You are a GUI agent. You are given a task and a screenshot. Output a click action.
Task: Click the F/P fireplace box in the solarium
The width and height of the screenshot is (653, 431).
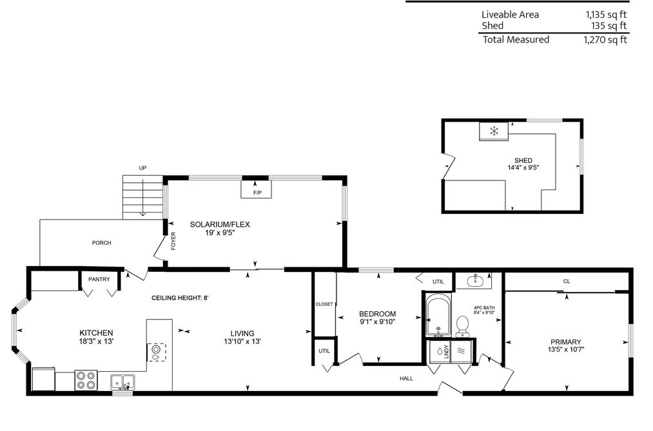(x=256, y=189)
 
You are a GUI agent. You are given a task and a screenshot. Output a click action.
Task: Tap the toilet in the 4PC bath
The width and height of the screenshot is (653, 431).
(x=462, y=327)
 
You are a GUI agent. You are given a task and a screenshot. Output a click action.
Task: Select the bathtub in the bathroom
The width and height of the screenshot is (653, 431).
(x=438, y=315)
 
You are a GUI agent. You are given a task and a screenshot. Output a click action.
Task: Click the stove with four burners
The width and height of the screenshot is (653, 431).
(x=86, y=380)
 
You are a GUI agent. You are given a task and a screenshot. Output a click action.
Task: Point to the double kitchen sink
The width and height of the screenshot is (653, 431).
(x=122, y=382)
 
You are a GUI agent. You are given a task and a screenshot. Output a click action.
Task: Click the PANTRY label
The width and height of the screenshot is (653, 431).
(x=99, y=279)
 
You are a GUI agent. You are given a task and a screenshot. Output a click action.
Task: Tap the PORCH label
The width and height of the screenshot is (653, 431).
(x=102, y=242)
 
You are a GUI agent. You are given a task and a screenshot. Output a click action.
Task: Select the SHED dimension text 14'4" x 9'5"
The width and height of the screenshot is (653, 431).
(x=523, y=168)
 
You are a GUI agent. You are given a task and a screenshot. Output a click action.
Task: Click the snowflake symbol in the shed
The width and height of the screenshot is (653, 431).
(x=494, y=131)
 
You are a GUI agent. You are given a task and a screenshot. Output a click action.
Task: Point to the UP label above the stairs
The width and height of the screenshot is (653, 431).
(x=142, y=168)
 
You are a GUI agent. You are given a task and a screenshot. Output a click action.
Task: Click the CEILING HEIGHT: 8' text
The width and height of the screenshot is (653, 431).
(x=179, y=298)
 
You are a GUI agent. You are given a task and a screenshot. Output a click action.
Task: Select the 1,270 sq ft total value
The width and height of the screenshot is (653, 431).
(x=605, y=39)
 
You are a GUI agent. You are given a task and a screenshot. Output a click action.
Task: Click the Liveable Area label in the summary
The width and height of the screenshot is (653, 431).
(x=510, y=15)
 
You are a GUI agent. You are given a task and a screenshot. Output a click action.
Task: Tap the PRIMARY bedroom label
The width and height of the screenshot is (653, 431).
(x=565, y=342)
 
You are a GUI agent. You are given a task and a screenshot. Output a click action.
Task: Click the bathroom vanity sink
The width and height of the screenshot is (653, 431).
(x=474, y=282)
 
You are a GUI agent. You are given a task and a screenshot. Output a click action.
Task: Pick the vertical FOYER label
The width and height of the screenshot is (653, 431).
(x=173, y=241)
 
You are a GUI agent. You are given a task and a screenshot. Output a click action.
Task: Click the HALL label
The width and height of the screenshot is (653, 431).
(x=406, y=379)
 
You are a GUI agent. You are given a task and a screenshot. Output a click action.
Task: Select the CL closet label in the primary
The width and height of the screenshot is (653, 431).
(x=567, y=282)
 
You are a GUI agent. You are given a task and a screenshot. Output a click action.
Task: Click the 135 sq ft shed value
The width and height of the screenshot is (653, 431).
(x=609, y=26)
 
